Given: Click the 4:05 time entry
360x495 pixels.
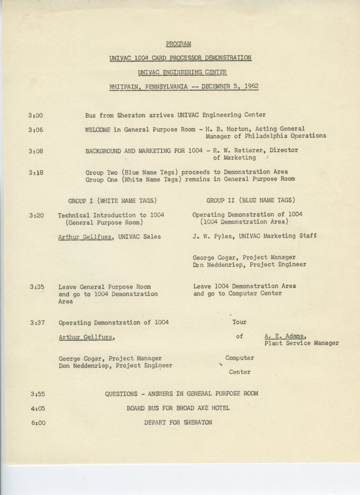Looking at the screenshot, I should pyautogui.click(x=37, y=408).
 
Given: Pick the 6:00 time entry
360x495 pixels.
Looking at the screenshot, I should pyautogui.click(x=37, y=423).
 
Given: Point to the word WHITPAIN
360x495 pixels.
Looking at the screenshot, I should pyautogui.click(x=127, y=86).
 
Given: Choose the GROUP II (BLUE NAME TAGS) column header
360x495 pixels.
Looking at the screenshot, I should pyautogui.click(x=250, y=201).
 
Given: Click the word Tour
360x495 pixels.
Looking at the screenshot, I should pyautogui.click(x=239, y=323).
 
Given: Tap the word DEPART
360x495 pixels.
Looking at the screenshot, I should pyautogui.click(x=157, y=423).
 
